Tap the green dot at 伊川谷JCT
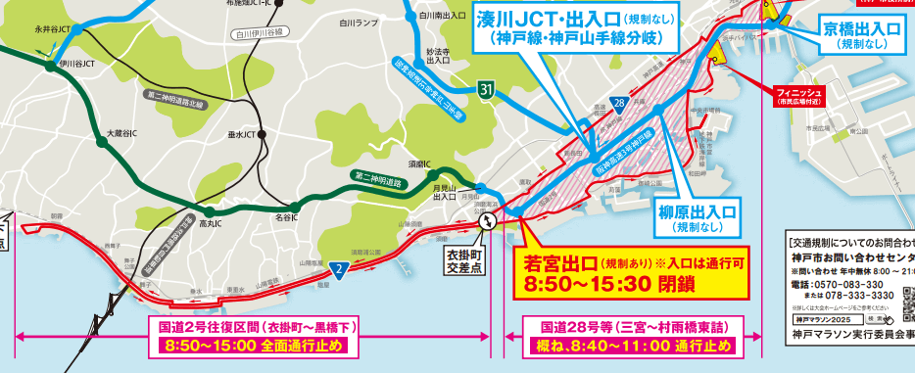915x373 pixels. pyautogui.click(x=47, y=67)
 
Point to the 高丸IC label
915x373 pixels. pyautogui.click(x=211, y=223)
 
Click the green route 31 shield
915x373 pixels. pyautogui.click(x=486, y=91)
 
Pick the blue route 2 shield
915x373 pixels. pyautogui.click(x=337, y=268)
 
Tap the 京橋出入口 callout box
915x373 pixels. pyautogui.click(x=861, y=37)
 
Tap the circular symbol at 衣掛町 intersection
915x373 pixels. pyautogui.click(x=486, y=224)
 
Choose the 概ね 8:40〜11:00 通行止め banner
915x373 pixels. pyautogui.click(x=632, y=346)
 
